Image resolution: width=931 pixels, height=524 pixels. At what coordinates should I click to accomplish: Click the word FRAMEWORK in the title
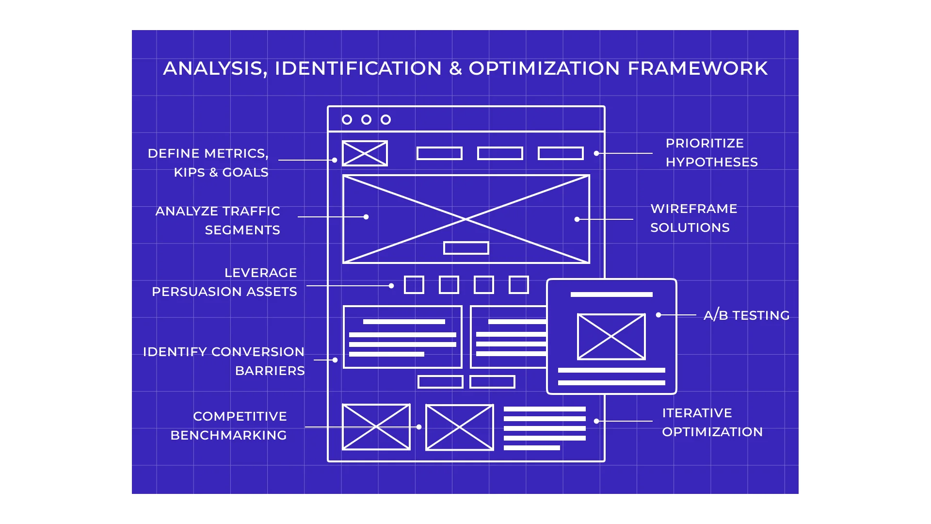pos(698,68)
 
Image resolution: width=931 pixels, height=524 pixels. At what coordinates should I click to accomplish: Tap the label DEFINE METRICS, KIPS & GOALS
pos(208,163)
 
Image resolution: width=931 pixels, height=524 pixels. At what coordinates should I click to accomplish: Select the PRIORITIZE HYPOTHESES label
pos(711,152)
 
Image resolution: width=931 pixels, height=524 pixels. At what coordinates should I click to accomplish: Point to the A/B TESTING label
pos(746,315)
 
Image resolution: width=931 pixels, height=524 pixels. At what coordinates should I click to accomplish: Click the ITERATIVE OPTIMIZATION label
pos(712,422)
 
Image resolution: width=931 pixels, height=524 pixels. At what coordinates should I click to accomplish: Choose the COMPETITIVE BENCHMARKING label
pos(229,426)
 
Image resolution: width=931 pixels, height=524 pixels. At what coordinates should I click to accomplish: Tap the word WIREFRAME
pos(693,209)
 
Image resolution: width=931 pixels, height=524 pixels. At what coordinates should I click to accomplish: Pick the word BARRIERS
pos(270,371)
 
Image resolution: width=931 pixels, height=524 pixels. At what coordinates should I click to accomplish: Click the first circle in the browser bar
pos(347,119)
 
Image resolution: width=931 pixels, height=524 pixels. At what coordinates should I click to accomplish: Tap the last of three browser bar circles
pos(385,119)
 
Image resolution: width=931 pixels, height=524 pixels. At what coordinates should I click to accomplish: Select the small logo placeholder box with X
pos(365,153)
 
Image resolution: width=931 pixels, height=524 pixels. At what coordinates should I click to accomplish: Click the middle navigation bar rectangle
pos(500,153)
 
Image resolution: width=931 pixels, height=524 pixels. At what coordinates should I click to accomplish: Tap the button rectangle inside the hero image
pos(466,248)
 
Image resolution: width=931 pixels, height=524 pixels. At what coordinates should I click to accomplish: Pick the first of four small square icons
pos(414,285)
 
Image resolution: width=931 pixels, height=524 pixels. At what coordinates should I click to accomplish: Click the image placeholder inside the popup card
pos(611,337)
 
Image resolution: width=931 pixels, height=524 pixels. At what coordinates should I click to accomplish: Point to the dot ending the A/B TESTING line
pos(658,315)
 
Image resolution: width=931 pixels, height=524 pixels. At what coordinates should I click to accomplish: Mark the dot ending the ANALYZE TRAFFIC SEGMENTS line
pos(366,217)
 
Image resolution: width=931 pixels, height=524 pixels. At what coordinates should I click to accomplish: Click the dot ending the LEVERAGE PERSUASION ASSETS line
pos(391,286)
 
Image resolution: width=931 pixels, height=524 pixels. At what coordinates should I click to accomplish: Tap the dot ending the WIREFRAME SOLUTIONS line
pos(577,219)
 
